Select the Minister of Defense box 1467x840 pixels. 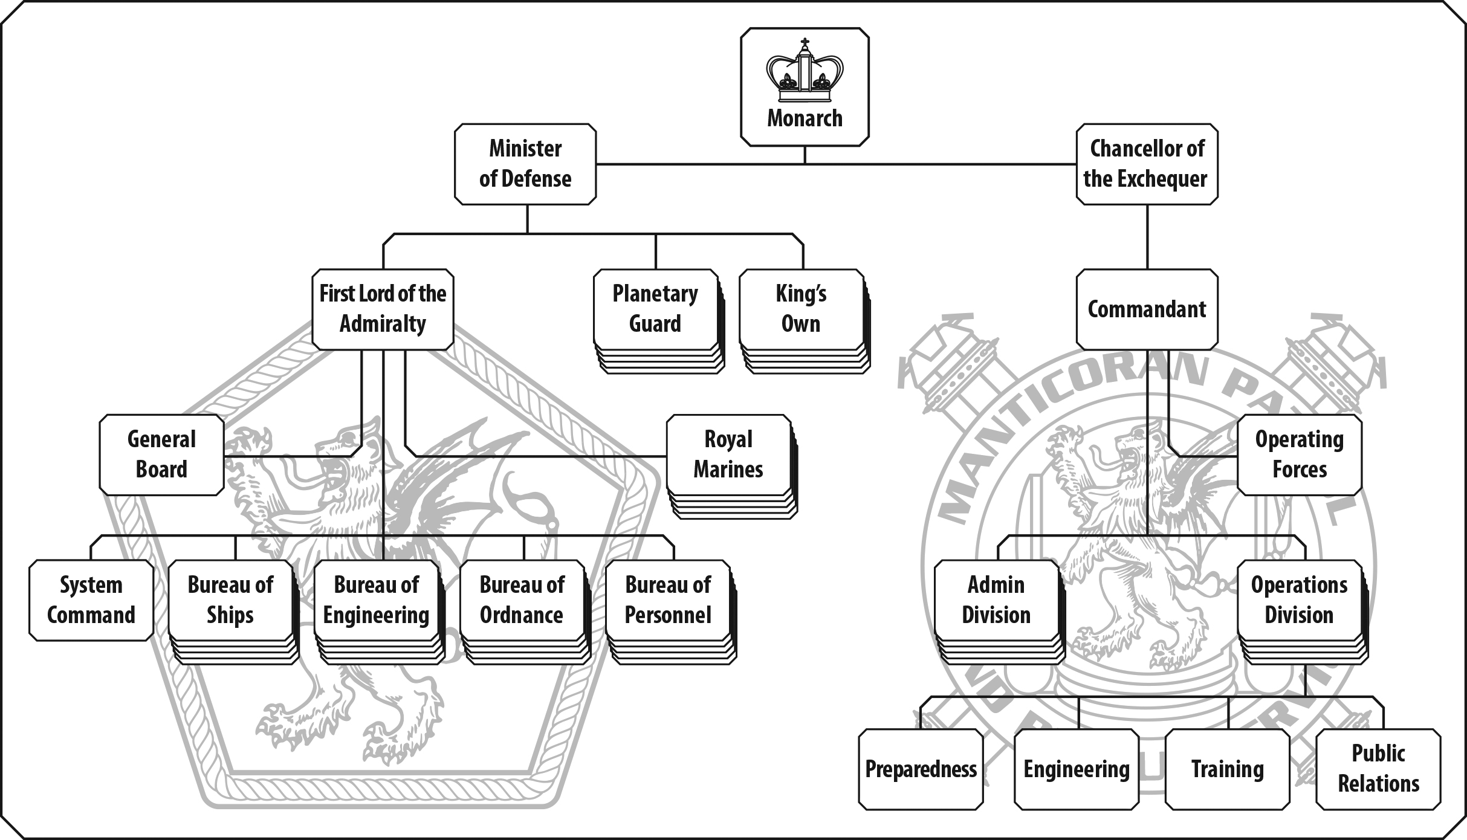tap(525, 164)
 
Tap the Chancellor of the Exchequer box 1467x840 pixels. tap(1147, 164)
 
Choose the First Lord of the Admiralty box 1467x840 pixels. tap(383, 309)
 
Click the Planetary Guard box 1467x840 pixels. tap(655, 309)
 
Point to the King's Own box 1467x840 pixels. tap(801, 309)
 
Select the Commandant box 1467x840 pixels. tap(1147, 309)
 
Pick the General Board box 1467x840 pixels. tap(161, 454)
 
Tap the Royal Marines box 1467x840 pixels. tap(728, 454)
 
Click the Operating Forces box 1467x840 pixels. tap(1300, 454)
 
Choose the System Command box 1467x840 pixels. tap(91, 600)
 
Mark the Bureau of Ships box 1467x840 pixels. tap(230, 600)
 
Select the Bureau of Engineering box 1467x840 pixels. tap(376, 600)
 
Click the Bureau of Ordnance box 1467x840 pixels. tap(522, 600)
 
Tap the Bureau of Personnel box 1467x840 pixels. tap(668, 600)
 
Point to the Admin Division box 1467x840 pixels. tap(996, 600)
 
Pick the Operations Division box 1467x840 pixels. tap(1300, 600)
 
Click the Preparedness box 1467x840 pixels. tap(921, 769)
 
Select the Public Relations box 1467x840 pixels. tap(1378, 769)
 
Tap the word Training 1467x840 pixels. tap(1227, 769)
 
